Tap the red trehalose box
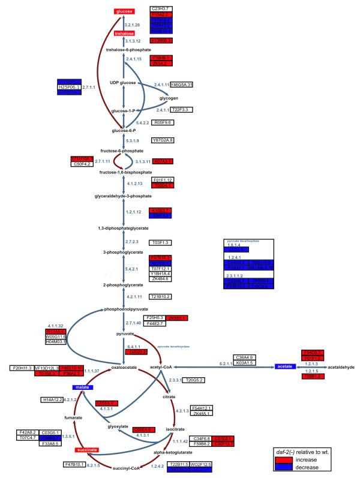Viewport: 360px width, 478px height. click(124, 34)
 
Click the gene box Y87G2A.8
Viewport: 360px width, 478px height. click(162, 140)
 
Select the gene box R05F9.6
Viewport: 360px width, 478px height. click(162, 122)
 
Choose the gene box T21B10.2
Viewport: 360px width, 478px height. click(162, 296)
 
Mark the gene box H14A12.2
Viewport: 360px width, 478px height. click(53, 399)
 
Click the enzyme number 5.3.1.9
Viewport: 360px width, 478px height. click(132, 140)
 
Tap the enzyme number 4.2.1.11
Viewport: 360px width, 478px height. click(133, 296)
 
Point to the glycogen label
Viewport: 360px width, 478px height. click(169, 98)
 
